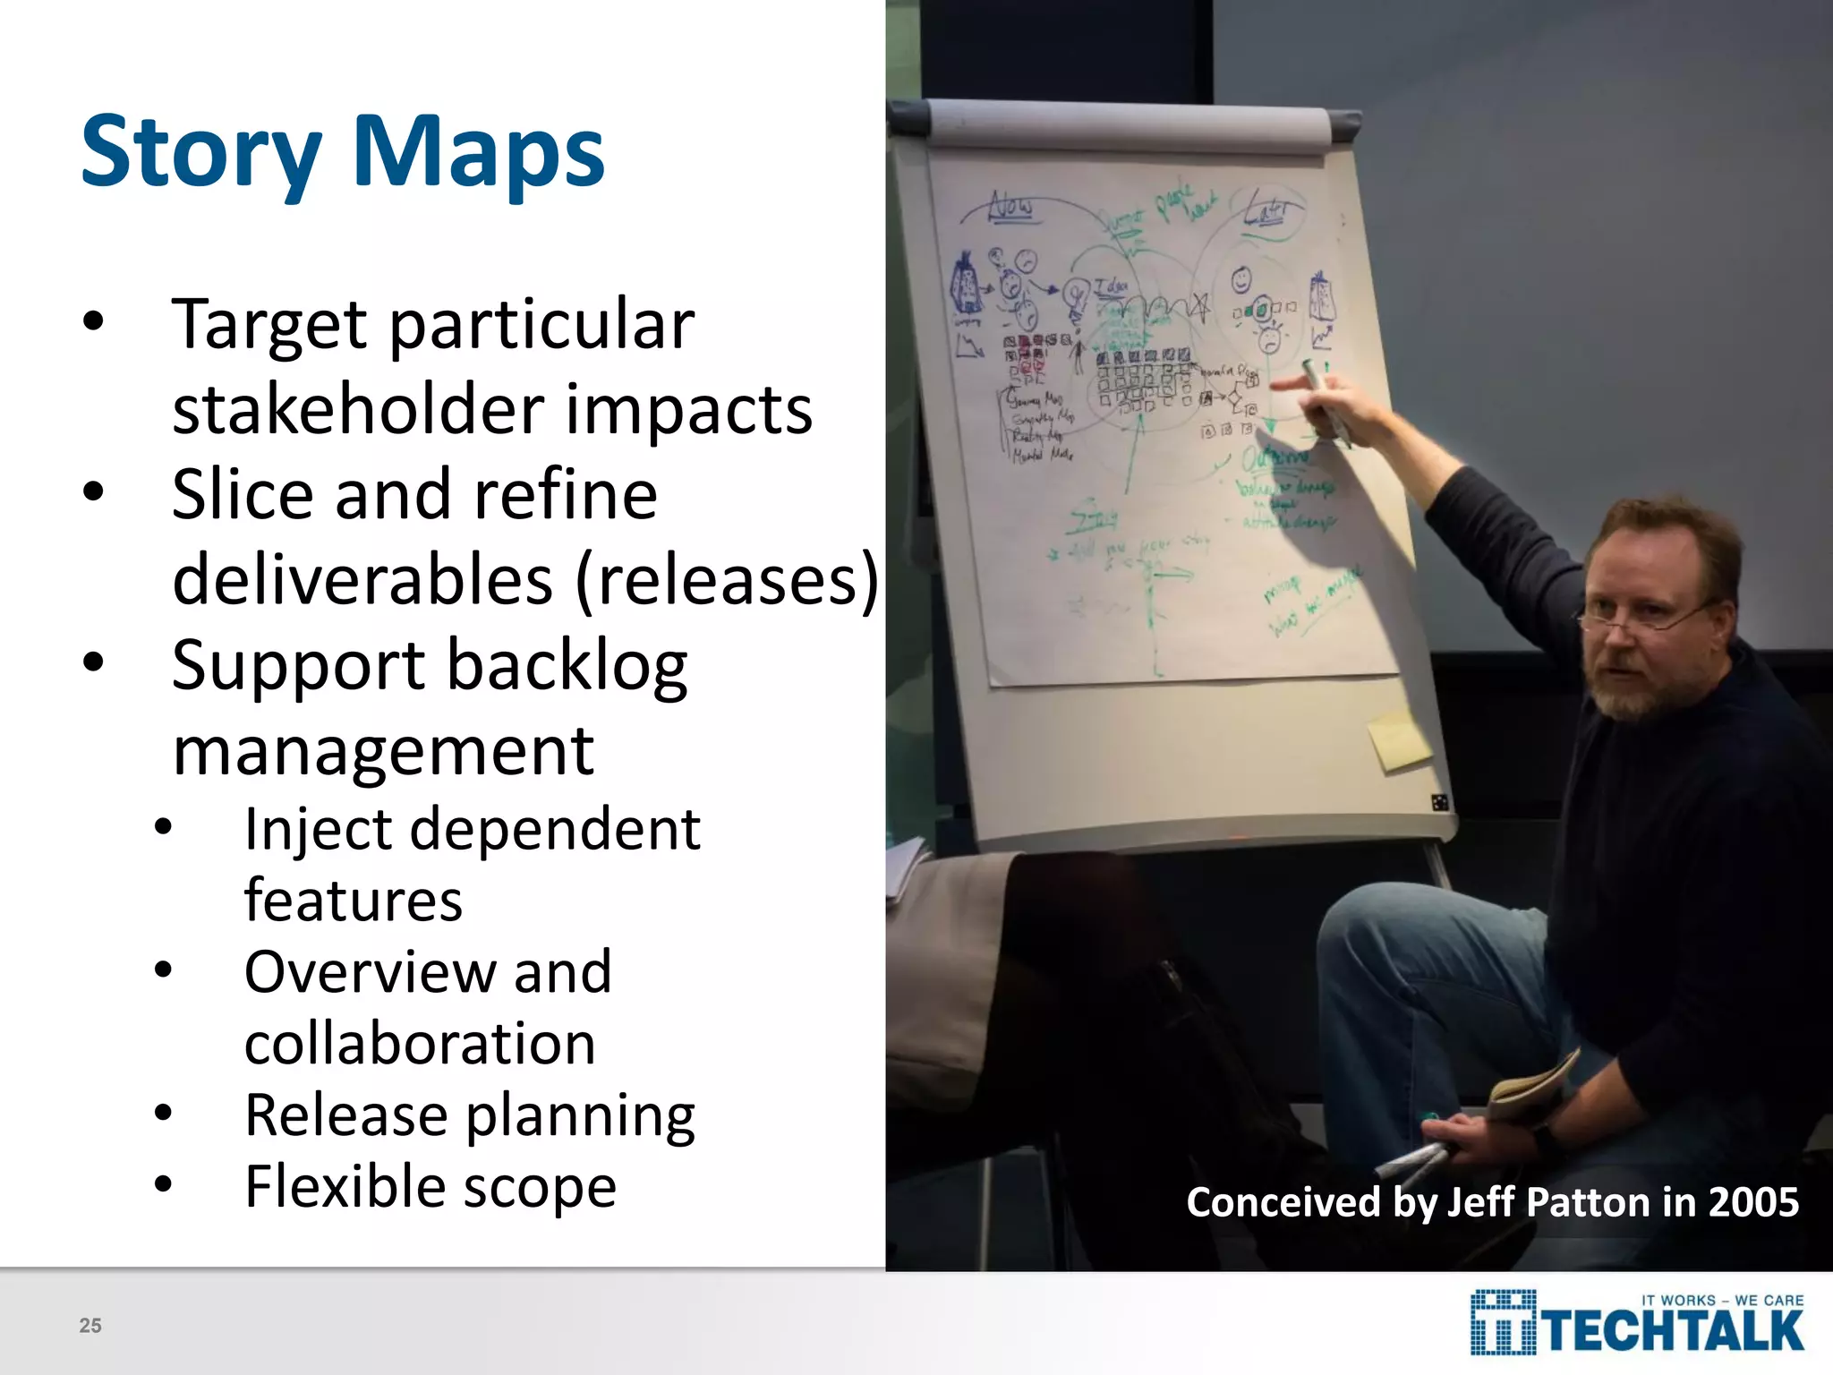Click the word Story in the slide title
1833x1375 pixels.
[200, 152]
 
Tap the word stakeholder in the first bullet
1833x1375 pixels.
[359, 409]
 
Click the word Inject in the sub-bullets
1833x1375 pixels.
[317, 829]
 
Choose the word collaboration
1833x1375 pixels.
[420, 1044]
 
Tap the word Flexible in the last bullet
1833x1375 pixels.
[345, 1187]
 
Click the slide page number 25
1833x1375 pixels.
[90, 1326]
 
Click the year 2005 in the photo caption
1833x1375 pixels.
[1753, 1202]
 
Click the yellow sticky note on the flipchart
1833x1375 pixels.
[1399, 740]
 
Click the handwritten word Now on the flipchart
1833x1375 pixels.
[1010, 207]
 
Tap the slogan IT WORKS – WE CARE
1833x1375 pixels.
[1722, 1300]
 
